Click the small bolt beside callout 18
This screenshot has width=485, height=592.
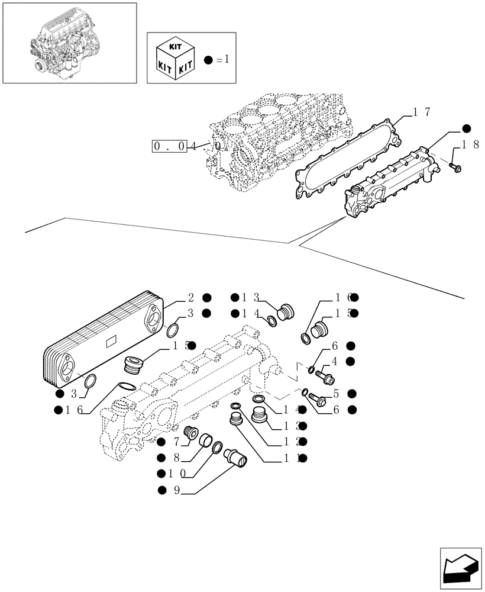tap(455, 167)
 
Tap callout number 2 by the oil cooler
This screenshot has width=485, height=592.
tap(190, 298)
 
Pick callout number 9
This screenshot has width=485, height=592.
tap(175, 490)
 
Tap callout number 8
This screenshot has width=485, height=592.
tap(175, 458)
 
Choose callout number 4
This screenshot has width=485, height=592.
tap(335, 361)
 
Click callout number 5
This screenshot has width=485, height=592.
tap(335, 393)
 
